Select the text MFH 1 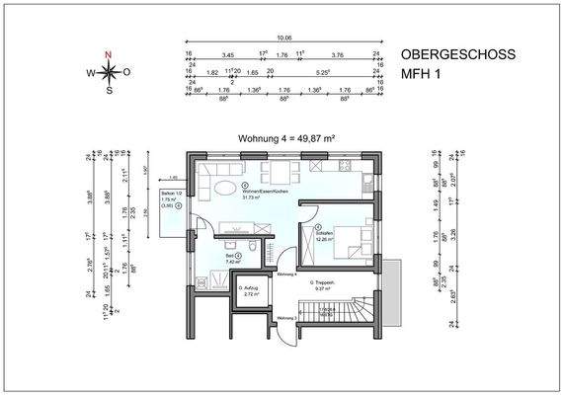point(423,75)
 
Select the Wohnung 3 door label point(287,318)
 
